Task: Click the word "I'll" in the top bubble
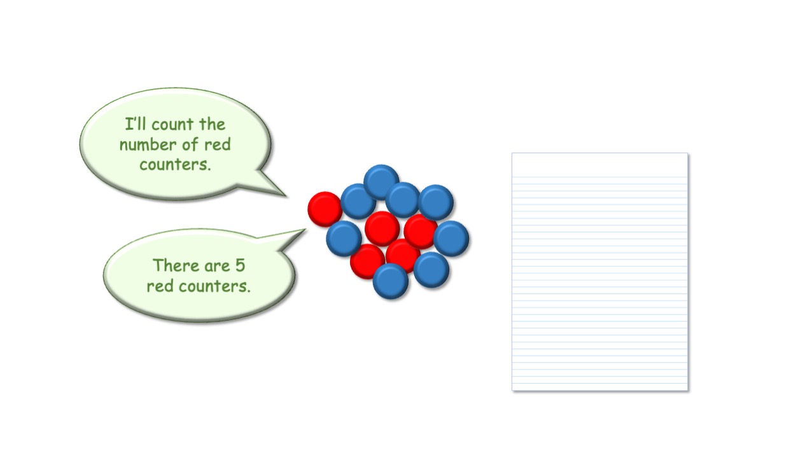pos(135,124)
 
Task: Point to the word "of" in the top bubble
pos(190,144)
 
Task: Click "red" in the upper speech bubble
pos(218,145)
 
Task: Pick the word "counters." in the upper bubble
pos(175,165)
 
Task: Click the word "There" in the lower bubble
pos(176,266)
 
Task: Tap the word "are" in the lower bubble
pos(217,267)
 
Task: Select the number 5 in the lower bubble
pos(240,266)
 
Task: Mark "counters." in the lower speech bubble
pos(214,287)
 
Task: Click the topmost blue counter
pos(381,182)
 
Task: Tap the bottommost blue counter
pos(391,281)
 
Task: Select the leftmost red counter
pos(325,209)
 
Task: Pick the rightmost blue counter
pos(451,239)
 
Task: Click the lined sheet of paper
pos(600,272)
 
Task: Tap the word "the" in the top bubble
pos(212,124)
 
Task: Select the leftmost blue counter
pos(344,239)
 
